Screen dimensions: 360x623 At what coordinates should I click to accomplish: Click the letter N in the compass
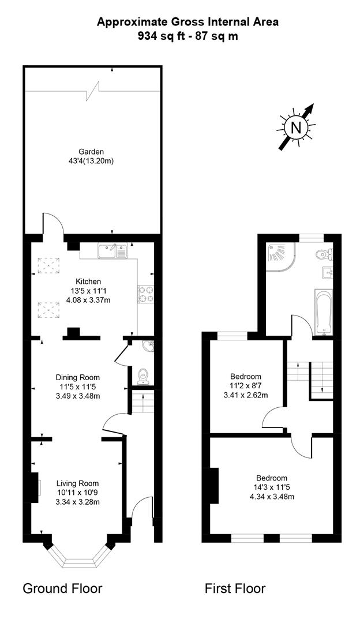(296, 127)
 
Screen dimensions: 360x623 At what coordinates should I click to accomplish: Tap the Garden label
(91, 151)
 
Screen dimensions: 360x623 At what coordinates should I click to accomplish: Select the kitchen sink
(112, 251)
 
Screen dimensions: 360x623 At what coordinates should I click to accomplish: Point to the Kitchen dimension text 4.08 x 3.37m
(88, 301)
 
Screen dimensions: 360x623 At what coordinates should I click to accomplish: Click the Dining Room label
(77, 377)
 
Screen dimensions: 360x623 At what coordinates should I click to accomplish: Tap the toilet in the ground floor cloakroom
(142, 376)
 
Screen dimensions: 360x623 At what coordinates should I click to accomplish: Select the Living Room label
(77, 483)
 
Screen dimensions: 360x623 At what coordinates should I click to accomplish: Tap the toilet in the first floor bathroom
(325, 253)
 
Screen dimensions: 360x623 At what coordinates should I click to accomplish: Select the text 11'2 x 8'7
(246, 386)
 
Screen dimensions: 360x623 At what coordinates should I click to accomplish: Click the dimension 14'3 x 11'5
(272, 487)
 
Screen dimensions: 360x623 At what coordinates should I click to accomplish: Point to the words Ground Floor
(62, 588)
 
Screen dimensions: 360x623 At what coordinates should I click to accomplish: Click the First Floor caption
(235, 588)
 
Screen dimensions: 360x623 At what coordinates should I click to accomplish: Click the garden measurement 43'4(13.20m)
(91, 161)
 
